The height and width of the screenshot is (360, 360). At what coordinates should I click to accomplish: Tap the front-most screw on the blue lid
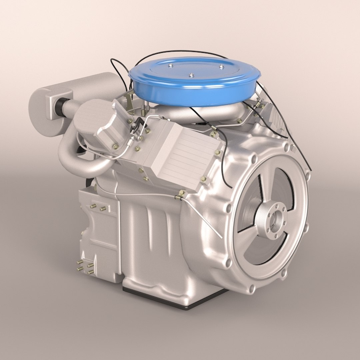tap(191, 76)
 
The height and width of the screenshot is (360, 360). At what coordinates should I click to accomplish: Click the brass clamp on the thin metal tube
tap(180, 195)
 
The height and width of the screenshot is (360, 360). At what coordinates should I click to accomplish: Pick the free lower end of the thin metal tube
tap(221, 237)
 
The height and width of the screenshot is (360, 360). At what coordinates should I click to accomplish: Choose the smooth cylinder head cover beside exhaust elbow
tap(97, 123)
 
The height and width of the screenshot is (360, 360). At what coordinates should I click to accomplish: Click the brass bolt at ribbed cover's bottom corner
tap(204, 180)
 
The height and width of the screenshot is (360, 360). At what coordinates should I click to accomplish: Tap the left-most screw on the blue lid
tap(170, 66)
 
